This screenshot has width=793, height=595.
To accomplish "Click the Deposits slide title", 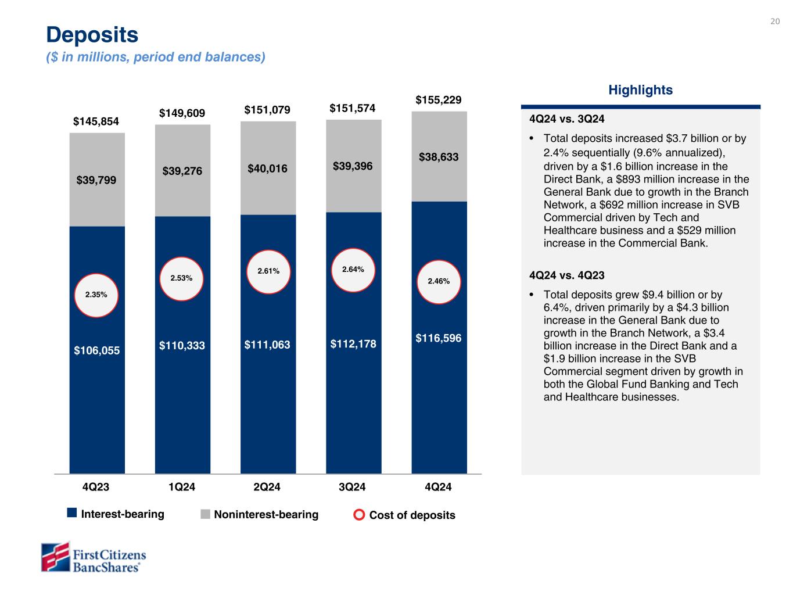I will (x=92, y=35).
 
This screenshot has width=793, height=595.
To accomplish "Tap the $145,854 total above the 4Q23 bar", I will (x=96, y=121).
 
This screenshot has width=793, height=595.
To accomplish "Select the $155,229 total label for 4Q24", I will (x=439, y=100).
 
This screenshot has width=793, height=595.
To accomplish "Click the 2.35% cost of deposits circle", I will (x=96, y=295).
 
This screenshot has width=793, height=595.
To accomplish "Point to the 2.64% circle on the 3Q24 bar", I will (x=353, y=269).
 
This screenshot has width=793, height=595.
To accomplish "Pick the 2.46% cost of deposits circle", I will (x=439, y=281).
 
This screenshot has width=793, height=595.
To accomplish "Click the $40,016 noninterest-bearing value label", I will (x=268, y=169).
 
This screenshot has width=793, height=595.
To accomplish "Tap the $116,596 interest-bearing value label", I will (x=439, y=338).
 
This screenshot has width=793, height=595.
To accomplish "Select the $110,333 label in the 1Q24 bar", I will (x=182, y=346).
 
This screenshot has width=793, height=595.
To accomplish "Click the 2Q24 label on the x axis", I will (x=267, y=487).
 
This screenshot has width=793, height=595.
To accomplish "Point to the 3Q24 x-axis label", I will (x=353, y=487).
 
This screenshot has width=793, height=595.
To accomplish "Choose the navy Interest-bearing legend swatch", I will (x=72, y=512).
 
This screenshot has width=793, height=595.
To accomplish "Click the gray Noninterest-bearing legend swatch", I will (x=205, y=514).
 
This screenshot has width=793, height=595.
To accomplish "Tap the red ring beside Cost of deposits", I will (x=360, y=515).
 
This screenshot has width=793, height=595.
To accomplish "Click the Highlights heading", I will (x=640, y=90).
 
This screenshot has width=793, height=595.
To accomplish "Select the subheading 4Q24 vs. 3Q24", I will (x=567, y=119).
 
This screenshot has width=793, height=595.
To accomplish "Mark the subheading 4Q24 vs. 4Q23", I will (x=567, y=275).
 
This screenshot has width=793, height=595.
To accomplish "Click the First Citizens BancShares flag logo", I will (x=55, y=557).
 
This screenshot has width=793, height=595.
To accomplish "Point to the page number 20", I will (x=774, y=21).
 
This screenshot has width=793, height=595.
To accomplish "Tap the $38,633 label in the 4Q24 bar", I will (x=439, y=157).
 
